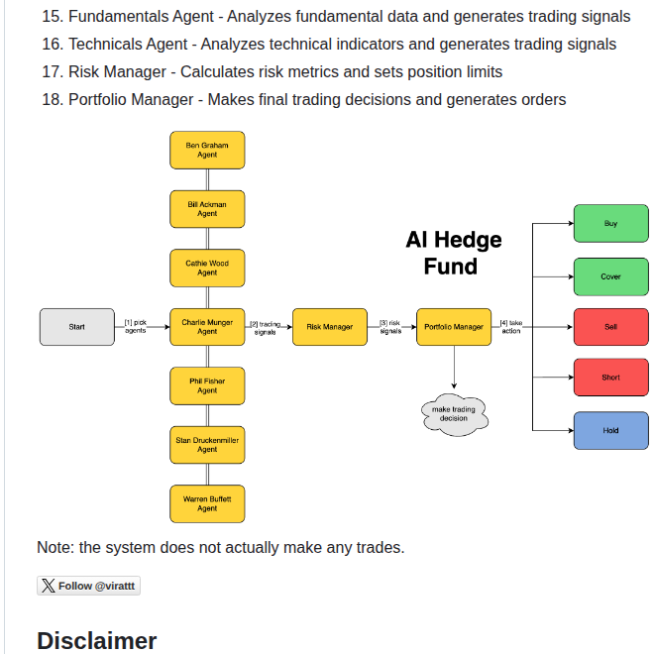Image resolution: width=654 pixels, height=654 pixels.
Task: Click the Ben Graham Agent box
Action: (x=207, y=150)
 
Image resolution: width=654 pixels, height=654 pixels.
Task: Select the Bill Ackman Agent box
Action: (x=207, y=208)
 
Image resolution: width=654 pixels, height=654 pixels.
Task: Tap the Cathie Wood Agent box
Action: (x=207, y=268)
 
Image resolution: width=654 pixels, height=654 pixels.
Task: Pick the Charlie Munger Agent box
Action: (x=207, y=327)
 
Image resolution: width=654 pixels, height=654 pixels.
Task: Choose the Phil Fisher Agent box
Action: (x=207, y=385)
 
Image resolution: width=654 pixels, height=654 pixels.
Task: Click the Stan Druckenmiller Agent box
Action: (x=207, y=445)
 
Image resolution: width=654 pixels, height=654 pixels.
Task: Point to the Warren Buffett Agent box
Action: (x=207, y=503)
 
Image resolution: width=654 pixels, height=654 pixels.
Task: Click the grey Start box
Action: (x=77, y=327)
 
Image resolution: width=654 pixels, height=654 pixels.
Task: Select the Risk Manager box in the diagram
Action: (x=330, y=327)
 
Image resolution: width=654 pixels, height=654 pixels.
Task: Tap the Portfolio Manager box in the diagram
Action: (x=454, y=327)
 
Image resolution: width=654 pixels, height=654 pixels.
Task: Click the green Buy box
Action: (x=610, y=224)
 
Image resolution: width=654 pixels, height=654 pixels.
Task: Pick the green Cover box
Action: (x=610, y=276)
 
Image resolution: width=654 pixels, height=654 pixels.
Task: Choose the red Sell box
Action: (x=610, y=327)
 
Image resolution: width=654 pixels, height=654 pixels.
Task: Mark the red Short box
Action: (x=610, y=378)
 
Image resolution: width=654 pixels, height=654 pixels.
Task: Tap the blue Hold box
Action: (x=610, y=430)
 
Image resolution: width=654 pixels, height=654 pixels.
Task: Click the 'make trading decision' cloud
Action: (x=454, y=414)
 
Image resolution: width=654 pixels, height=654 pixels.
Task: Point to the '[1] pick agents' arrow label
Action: (x=136, y=326)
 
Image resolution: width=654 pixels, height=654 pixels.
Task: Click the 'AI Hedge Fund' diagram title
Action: (x=453, y=253)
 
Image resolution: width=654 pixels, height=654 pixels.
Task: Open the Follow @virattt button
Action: (x=89, y=586)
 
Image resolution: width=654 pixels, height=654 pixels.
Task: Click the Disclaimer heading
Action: (x=96, y=640)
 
